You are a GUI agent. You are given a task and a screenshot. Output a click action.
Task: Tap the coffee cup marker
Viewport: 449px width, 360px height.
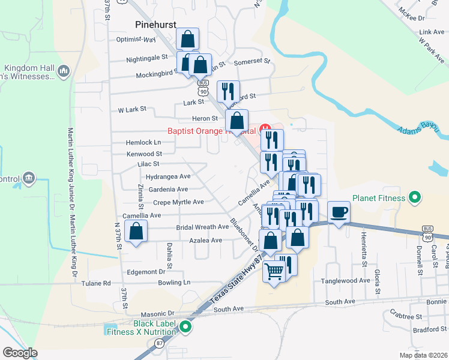coord(339,212)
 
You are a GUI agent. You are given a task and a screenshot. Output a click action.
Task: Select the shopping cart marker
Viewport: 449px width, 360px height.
coord(274,271)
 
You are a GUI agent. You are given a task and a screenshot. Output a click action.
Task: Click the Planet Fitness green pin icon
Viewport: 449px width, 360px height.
coord(414,197)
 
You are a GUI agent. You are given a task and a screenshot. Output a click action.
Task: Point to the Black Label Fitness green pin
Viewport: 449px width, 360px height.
coord(185,327)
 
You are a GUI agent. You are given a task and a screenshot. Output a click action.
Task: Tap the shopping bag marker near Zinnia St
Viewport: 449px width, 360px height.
coord(137,232)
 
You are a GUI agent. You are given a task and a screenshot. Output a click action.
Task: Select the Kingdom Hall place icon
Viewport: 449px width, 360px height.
coord(64,71)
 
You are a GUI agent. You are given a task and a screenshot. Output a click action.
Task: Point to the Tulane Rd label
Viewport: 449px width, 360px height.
coord(98,283)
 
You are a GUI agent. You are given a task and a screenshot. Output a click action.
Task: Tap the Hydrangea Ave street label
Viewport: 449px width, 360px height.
coord(167,176)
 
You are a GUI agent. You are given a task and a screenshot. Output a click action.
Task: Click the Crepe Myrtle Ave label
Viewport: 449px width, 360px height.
coord(178,202)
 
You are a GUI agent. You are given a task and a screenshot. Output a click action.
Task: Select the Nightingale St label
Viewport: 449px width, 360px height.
coord(147,58)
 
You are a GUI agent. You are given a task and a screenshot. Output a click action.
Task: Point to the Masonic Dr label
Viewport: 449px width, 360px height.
coord(157,314)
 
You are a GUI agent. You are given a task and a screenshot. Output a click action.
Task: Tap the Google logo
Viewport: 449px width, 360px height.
coord(20,353)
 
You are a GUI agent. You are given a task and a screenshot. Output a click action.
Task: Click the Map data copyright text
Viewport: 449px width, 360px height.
coord(423,355)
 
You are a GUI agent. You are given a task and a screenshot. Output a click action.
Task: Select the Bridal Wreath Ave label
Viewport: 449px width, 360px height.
coord(202,227)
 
